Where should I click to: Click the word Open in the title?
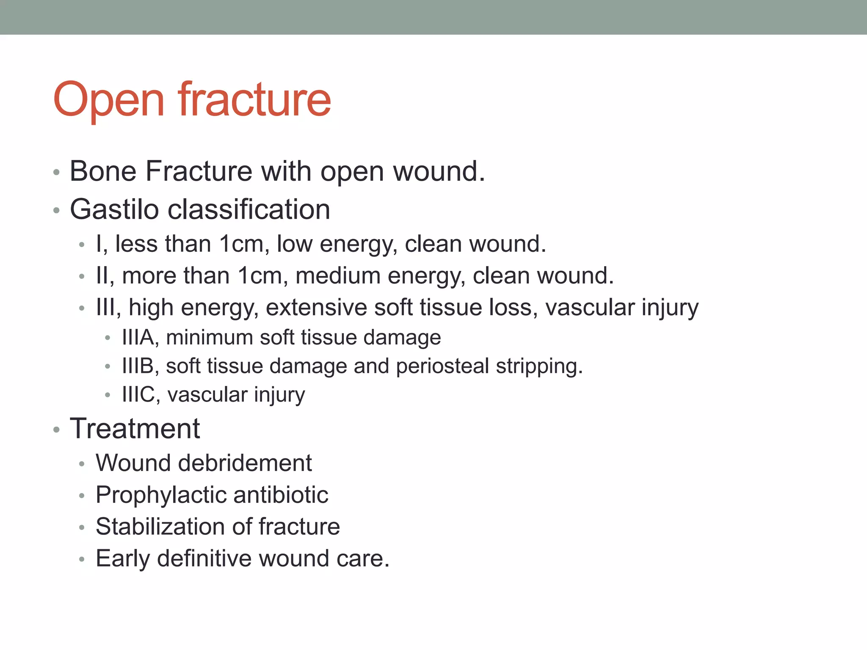pyautogui.click(x=108, y=101)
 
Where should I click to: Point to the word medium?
pyautogui.click(x=338, y=275)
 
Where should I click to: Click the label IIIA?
pyautogui.click(x=138, y=338)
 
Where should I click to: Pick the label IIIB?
pyautogui.click(x=138, y=366)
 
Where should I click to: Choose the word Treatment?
pyautogui.click(x=135, y=428)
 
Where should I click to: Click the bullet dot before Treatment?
pyautogui.click(x=56, y=430)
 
